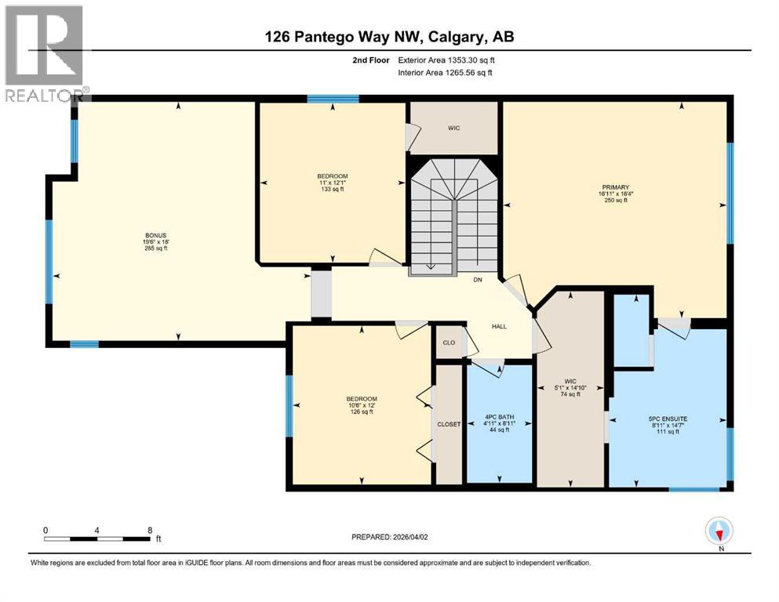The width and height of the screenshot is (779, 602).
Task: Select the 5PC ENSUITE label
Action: pyautogui.click(x=669, y=419)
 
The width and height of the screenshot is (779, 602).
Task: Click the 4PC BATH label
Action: pyautogui.click(x=499, y=417)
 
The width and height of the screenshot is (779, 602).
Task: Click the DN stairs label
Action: pyautogui.click(x=476, y=280)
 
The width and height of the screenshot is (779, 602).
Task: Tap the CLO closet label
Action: pyautogui.click(x=450, y=343)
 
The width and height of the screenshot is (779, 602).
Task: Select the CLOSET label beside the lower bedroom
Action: pyautogui.click(x=448, y=424)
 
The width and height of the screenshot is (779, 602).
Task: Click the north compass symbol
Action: pyautogui.click(x=719, y=533)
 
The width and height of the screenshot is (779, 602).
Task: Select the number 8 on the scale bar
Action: pyautogui.click(x=150, y=530)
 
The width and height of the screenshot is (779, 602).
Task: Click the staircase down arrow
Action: pyautogui.click(x=431, y=267)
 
